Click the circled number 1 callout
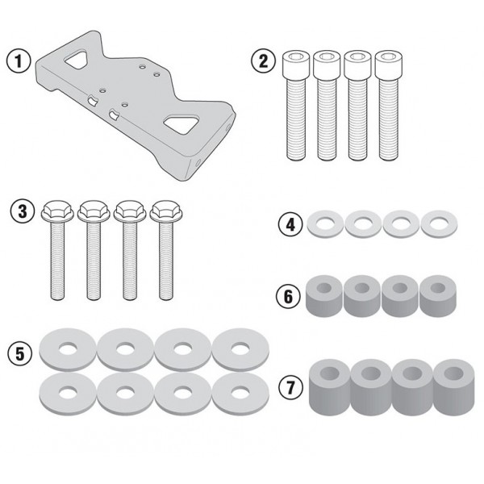click(x=19, y=60)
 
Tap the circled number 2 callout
click(x=263, y=61)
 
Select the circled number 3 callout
click(x=23, y=211)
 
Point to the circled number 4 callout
click(x=290, y=224)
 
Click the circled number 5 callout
click(x=19, y=353)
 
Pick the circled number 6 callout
click(x=288, y=296)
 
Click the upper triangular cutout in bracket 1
click(x=77, y=59)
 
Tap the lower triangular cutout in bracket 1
click(x=181, y=123)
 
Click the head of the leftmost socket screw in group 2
click(x=296, y=64)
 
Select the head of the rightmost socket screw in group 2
click(x=389, y=64)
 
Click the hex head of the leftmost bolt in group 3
click(x=57, y=211)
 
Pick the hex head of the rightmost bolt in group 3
click(x=166, y=211)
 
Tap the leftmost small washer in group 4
click(x=325, y=224)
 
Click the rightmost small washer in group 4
click(x=439, y=224)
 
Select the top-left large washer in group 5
click(x=68, y=350)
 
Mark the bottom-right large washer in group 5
click(x=240, y=394)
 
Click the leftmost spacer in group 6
click(x=324, y=296)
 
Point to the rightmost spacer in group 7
click(x=453, y=387)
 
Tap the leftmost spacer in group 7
click(x=330, y=387)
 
